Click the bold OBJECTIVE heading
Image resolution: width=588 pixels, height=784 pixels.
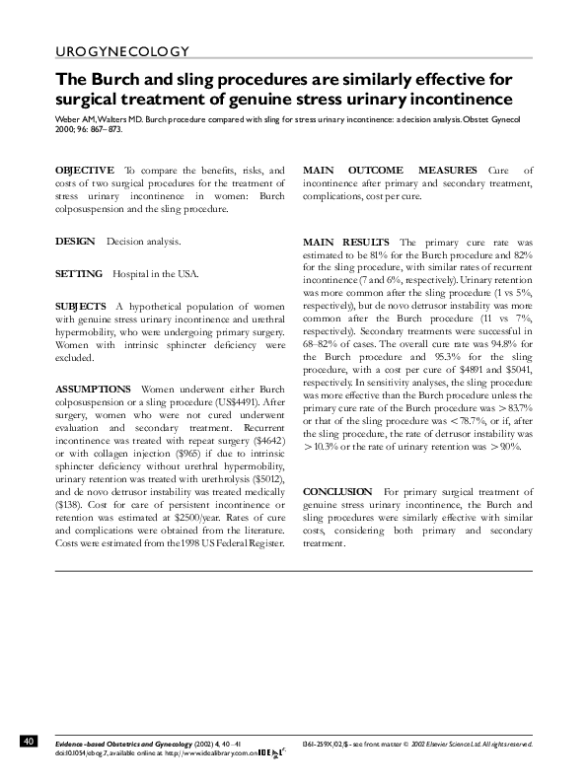point(83,170)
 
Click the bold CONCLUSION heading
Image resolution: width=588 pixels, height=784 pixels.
point(337,491)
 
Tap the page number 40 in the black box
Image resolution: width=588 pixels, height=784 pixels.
point(29,741)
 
